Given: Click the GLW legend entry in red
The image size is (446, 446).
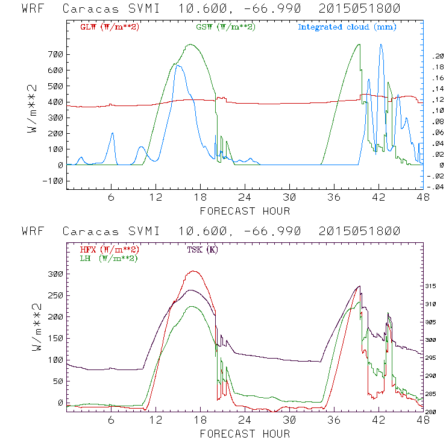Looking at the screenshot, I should coord(109,27).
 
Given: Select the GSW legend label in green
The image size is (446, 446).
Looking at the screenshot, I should coord(224,27).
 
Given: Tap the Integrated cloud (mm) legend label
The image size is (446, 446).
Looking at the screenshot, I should coord(347,27).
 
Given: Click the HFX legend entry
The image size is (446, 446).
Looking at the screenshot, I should coord(109,250).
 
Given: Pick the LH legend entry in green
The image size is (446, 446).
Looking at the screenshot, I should coord(107,258).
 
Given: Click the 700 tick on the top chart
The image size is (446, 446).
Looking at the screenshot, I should coord(55,55).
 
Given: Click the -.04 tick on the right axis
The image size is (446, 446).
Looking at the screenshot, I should coord(437,187).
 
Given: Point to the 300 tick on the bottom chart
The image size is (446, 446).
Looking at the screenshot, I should coord(55,274).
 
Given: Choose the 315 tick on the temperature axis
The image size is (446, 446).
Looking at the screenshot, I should coord(437,286).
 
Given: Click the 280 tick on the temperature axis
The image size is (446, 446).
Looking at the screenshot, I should coord(437,412).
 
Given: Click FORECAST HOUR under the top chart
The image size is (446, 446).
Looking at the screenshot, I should coord(245,210).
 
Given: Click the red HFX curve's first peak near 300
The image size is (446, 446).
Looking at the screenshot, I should coord(193,271).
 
